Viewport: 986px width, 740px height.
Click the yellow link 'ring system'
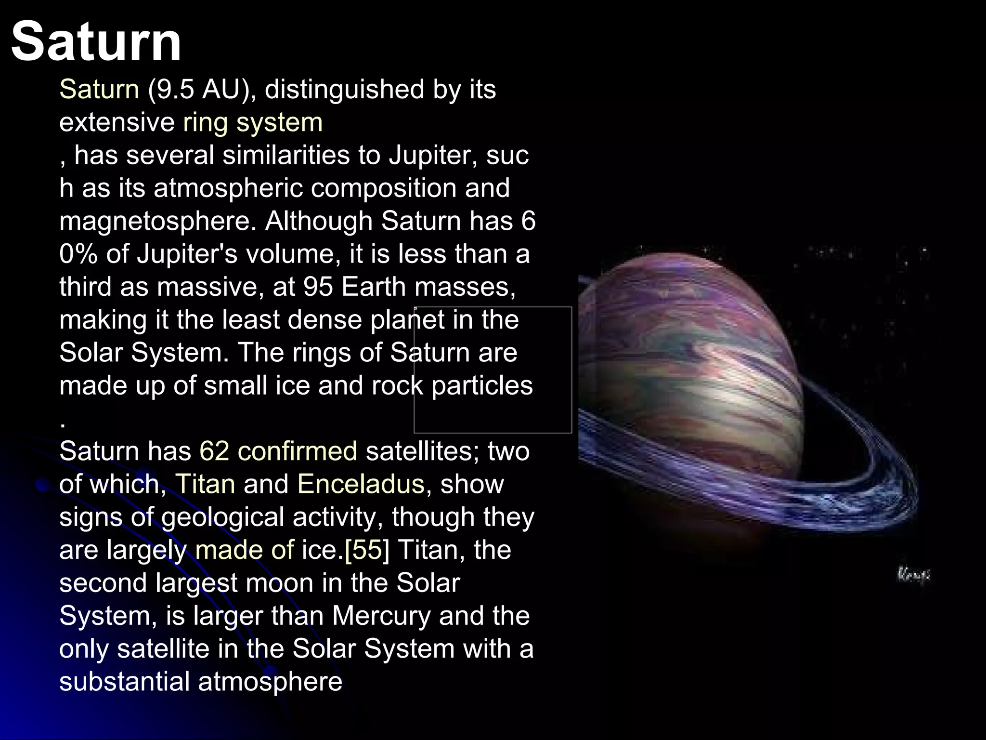point(253,122)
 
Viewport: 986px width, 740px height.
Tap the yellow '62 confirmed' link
point(278,451)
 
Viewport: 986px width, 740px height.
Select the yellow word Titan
point(205,484)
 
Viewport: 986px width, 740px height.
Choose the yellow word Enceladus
point(361,484)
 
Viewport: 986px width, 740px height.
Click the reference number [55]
point(366,550)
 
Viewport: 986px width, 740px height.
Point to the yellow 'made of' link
point(244,550)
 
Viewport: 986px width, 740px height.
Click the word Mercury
point(381,616)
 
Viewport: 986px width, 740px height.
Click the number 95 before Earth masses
point(318,287)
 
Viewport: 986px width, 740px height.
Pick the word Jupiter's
point(187,254)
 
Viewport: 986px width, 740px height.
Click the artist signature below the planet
point(913,574)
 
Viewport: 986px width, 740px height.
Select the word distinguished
point(344,90)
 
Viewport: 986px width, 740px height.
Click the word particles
point(482,386)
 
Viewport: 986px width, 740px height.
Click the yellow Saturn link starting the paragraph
point(99,90)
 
